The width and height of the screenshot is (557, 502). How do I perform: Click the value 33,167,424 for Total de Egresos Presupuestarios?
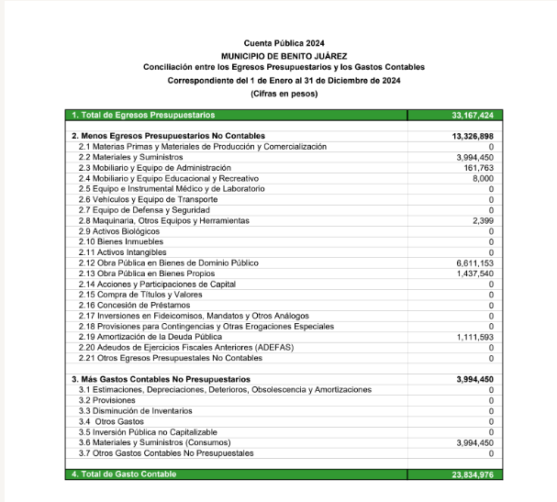(473, 116)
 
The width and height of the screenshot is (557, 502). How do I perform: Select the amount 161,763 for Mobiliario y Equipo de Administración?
(477, 168)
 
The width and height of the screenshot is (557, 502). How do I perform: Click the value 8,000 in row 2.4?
(483, 178)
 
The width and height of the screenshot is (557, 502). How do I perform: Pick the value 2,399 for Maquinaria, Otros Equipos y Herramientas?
(483, 221)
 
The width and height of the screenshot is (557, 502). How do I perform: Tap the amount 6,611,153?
(474, 262)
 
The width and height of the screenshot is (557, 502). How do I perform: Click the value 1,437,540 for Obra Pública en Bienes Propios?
(474, 273)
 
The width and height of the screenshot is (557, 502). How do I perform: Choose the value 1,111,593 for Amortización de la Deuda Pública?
(474, 337)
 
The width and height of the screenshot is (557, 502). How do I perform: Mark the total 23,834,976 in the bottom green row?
(473, 474)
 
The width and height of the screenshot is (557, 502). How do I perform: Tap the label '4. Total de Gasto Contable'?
(124, 474)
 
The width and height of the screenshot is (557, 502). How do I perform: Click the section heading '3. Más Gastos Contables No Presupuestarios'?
(161, 379)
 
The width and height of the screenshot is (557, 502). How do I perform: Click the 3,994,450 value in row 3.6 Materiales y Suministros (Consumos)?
(474, 442)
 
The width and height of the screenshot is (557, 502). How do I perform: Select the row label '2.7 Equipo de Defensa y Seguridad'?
(147, 210)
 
